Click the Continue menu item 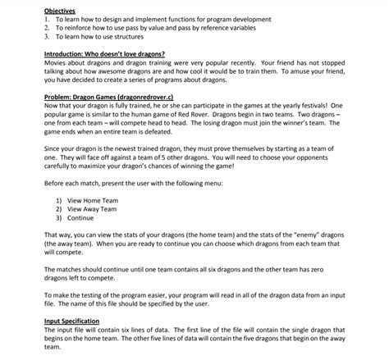point(81,218)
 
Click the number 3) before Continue point(59,218)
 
